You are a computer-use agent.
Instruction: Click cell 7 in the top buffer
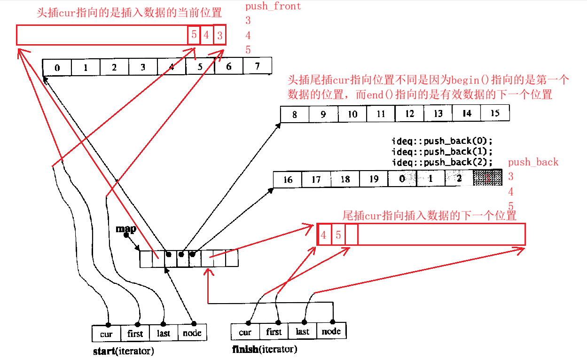coord(258,66)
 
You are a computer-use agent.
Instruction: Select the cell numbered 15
coord(494,113)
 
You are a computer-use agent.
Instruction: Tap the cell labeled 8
coord(295,114)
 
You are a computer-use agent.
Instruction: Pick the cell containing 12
coord(409,114)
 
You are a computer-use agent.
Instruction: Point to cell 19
coord(374,179)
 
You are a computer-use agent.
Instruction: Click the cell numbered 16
coord(288,180)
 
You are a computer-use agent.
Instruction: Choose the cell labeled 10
coord(352,114)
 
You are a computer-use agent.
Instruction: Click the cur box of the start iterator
coord(106,334)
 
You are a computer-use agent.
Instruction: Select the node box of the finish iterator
coord(331,331)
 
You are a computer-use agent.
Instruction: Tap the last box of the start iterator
coord(164,333)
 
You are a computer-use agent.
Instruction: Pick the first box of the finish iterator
coord(274,332)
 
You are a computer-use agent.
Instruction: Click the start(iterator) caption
coord(124,351)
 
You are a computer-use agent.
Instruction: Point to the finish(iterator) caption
coord(265,349)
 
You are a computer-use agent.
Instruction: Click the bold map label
coord(126,229)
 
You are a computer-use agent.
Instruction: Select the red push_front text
coord(273,6)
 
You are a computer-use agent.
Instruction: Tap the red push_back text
coord(533,162)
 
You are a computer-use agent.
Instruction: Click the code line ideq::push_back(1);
coord(442,151)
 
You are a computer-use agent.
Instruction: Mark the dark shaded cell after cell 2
coord(488,179)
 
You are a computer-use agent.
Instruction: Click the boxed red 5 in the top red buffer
coord(194,35)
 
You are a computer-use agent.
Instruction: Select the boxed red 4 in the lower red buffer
coord(324,235)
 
